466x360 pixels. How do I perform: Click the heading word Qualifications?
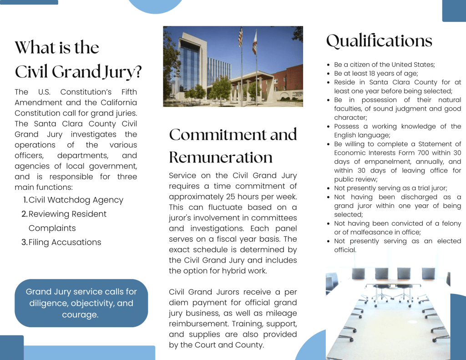coord(379,41)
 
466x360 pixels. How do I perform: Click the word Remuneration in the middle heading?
coord(221,157)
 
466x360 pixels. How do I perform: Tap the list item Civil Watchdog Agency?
coord(76,200)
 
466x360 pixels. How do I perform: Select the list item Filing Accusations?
coord(65,242)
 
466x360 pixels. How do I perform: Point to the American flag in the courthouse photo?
coord(240,37)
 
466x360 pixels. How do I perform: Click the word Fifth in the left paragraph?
coord(126,92)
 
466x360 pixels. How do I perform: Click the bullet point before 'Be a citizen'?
coord(329,65)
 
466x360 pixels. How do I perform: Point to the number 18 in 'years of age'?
coord(368,74)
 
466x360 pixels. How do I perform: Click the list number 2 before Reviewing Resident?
coord(24,214)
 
